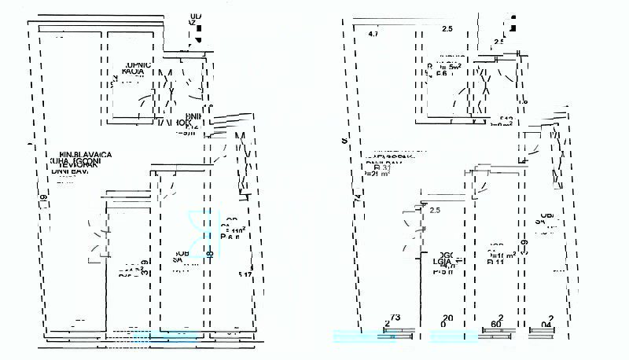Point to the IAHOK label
coord(174,123)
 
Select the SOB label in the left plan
coord(180,254)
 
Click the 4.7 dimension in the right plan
coord(373,34)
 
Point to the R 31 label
coord(383,167)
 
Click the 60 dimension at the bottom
coord(496,323)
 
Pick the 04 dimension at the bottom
coord(546,323)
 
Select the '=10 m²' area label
coord(503,254)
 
